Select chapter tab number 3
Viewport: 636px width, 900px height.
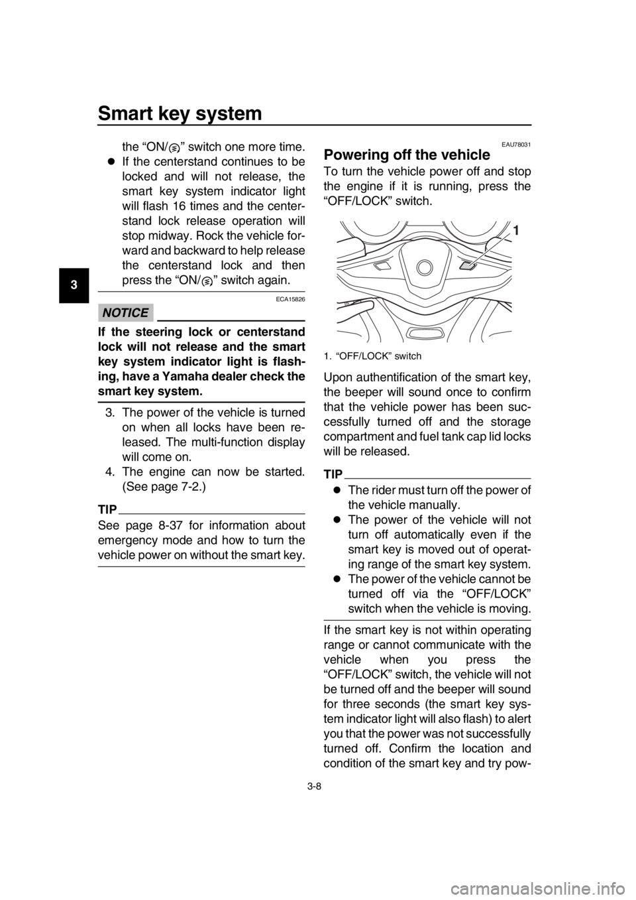pyautogui.click(x=74, y=285)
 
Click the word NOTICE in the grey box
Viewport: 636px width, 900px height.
pyautogui.click(x=125, y=312)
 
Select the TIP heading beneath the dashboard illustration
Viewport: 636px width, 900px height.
pyautogui.click(x=333, y=473)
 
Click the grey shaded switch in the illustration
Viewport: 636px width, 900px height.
pyautogui.click(x=468, y=267)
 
